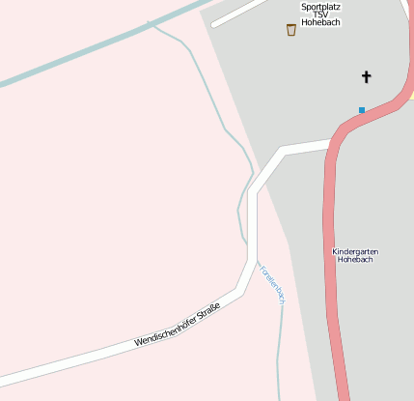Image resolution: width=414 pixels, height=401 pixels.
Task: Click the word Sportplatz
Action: (x=320, y=6)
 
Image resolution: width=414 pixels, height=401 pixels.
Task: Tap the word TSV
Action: (x=320, y=14)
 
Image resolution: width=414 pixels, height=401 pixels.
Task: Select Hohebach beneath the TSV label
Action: (x=320, y=22)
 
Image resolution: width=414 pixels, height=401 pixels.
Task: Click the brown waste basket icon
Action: (x=291, y=30)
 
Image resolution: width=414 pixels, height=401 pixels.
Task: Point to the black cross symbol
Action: (x=367, y=75)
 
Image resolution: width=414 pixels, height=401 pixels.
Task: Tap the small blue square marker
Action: (x=362, y=110)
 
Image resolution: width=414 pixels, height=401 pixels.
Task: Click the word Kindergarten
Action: (x=355, y=251)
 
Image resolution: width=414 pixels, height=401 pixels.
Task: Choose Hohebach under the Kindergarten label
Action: (x=355, y=260)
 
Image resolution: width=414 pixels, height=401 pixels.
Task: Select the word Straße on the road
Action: (x=209, y=312)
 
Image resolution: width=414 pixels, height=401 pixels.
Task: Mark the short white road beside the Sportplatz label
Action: (x=236, y=14)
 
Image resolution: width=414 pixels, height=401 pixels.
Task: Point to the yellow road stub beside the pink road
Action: (x=410, y=95)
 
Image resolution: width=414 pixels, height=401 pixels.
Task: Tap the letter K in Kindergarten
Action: (x=334, y=251)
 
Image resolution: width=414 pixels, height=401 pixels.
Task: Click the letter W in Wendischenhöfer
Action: (x=138, y=343)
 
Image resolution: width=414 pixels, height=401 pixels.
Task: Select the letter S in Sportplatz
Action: (x=303, y=6)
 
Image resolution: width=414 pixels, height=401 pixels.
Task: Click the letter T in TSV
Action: (x=314, y=14)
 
